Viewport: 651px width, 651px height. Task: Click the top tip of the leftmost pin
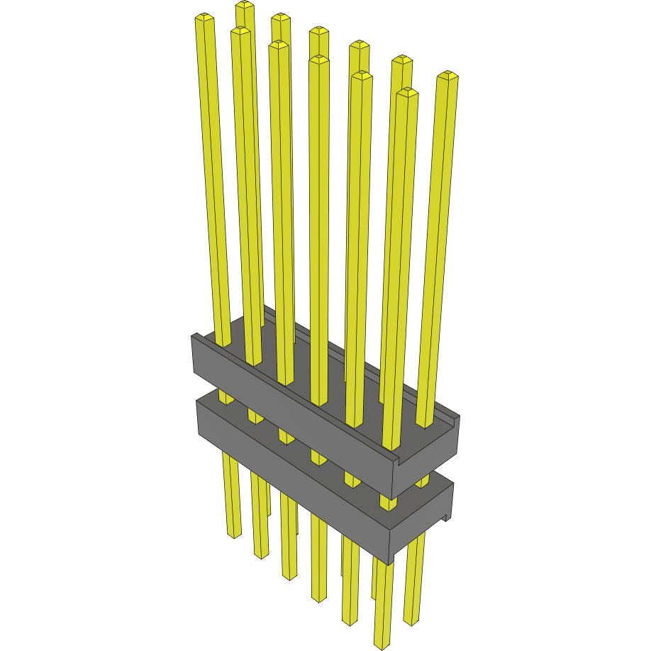pyautogui.click(x=204, y=17)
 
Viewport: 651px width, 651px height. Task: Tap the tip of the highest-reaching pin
pyautogui.click(x=245, y=5)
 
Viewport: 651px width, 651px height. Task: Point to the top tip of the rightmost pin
pyautogui.click(x=447, y=75)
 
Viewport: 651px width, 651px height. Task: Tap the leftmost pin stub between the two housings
pyautogui.click(x=226, y=397)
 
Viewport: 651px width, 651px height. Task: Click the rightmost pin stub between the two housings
pyautogui.click(x=422, y=482)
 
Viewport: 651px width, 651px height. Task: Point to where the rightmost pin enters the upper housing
pyautogui.click(x=424, y=424)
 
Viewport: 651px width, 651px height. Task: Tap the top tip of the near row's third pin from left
pyautogui.click(x=278, y=45)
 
